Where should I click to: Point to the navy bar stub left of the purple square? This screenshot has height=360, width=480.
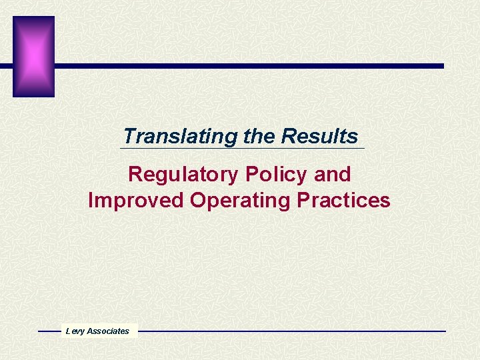pos(6,66)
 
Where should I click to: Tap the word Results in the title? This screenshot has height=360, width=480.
pos(319,137)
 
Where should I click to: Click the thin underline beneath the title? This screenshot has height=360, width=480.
pos(243,149)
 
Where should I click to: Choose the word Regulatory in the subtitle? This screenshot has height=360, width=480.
pos(183,175)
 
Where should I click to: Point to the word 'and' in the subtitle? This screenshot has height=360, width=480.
pos(332,175)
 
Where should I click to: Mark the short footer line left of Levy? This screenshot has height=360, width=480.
pos(49,331)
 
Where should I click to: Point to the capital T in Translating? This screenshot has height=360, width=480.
pos(129,137)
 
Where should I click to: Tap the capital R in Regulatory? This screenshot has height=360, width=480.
pos(135,175)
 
